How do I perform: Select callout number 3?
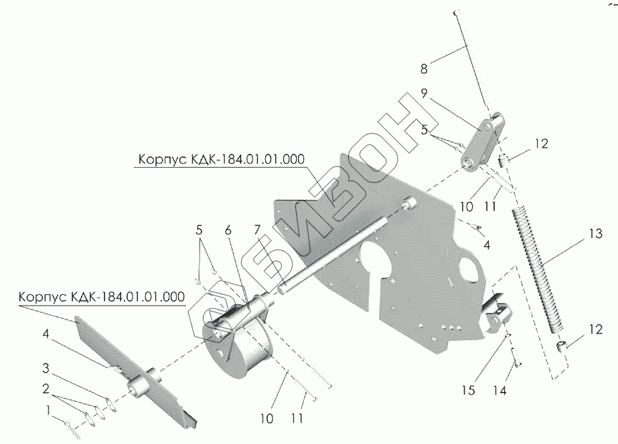(x=46, y=368)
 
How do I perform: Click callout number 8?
(x=424, y=68)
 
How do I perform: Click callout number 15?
(x=470, y=389)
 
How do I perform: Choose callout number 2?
(x=46, y=387)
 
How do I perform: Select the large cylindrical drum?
(x=238, y=348)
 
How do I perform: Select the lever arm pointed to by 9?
(x=483, y=142)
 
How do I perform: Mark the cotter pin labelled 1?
(x=73, y=426)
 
